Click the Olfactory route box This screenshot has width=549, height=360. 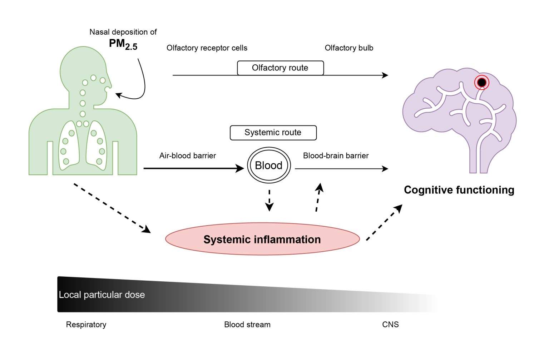pyautogui.click(x=280, y=68)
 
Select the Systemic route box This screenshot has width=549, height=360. pyautogui.click(x=273, y=133)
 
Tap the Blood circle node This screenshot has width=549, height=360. pyautogui.click(x=269, y=166)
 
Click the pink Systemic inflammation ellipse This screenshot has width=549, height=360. pyautogui.click(x=262, y=239)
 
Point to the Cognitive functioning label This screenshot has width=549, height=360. pyautogui.click(x=459, y=190)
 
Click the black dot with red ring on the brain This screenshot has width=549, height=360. pyautogui.click(x=481, y=83)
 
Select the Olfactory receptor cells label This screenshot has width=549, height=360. pyautogui.click(x=207, y=48)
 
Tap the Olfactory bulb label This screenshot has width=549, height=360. pyautogui.click(x=349, y=48)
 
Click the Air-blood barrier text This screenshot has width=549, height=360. pyautogui.click(x=187, y=156)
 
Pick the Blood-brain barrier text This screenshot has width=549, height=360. pyautogui.click(x=336, y=156)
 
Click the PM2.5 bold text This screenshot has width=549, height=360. pyautogui.click(x=123, y=44)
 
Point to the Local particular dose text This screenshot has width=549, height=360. pyautogui.click(x=102, y=295)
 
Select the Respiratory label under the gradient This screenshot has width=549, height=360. pyautogui.click(x=86, y=325)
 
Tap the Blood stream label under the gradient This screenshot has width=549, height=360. pyautogui.click(x=247, y=325)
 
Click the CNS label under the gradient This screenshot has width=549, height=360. pyautogui.click(x=390, y=325)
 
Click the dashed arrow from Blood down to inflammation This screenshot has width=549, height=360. pyautogui.click(x=269, y=200)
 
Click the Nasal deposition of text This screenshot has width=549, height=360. pyautogui.click(x=123, y=32)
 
